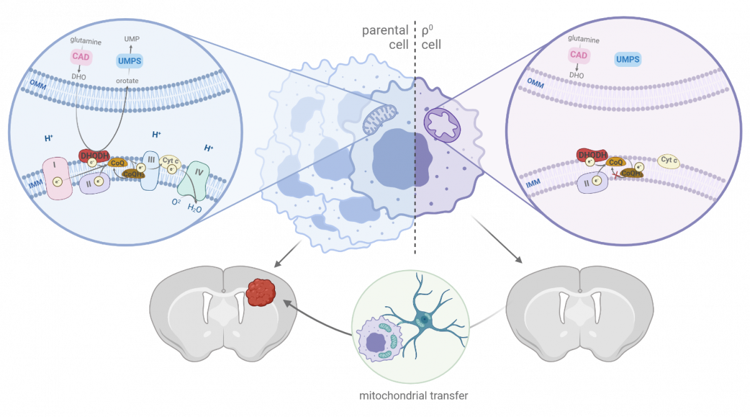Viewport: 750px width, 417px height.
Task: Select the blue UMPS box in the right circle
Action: (x=627, y=59)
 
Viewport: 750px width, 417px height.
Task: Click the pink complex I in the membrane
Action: (x=57, y=178)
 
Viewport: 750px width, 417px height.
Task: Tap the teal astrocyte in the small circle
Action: (x=425, y=319)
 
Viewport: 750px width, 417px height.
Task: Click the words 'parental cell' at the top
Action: (x=385, y=38)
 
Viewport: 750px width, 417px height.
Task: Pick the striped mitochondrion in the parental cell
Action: (x=380, y=118)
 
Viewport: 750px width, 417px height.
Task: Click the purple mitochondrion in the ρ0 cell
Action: (x=442, y=123)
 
